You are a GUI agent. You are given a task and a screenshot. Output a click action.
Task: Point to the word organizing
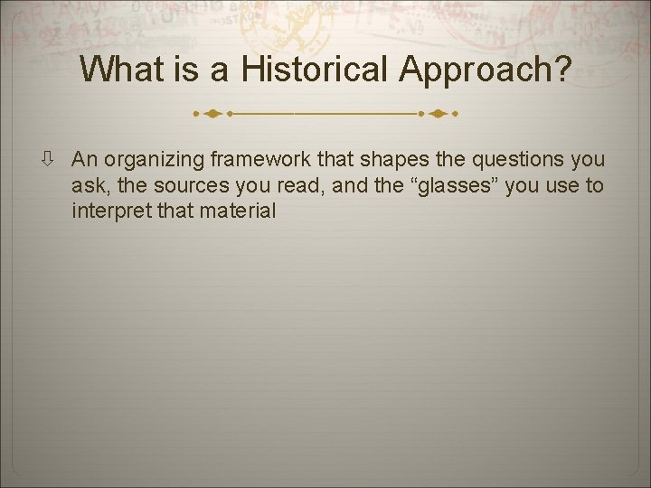(x=154, y=161)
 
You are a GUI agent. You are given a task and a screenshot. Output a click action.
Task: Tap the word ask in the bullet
(x=89, y=186)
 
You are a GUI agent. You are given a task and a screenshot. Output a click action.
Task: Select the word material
(x=241, y=211)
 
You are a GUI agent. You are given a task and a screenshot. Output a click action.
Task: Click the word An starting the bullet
(x=84, y=160)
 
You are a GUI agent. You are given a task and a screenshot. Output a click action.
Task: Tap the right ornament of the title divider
(x=439, y=115)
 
